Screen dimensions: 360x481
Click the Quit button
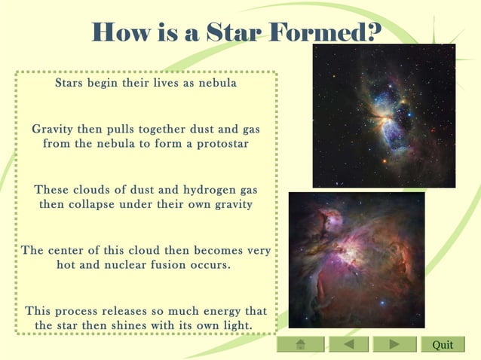[443, 344]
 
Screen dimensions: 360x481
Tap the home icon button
[300, 344]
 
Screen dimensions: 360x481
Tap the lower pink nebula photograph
[357, 260]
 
